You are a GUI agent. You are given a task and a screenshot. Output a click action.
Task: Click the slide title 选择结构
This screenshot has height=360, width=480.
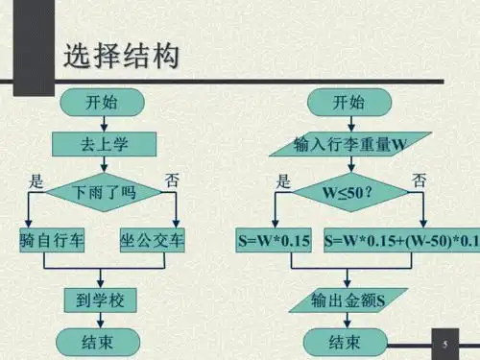point(121,57)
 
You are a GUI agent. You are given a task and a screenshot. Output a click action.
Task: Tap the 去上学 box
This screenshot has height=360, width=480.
point(102,144)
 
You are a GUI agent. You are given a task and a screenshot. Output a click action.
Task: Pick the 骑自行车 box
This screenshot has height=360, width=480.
point(50,240)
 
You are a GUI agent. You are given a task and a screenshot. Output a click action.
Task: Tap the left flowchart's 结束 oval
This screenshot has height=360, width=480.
point(102,340)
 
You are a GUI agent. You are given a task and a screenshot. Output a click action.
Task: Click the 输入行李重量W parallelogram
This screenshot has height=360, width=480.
point(348,144)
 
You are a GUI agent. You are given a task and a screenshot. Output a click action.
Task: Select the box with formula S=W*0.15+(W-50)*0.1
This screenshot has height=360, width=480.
point(400,240)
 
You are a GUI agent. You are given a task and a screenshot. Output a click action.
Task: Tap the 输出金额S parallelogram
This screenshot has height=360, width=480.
point(348,300)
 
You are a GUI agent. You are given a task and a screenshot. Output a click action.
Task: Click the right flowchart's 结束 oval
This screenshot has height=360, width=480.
point(346,340)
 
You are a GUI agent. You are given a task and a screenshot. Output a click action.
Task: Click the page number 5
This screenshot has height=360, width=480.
point(445,343)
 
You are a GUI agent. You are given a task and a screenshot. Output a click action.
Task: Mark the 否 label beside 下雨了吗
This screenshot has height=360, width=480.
point(172,180)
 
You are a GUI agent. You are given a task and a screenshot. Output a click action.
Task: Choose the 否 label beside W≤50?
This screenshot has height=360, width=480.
point(419,180)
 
